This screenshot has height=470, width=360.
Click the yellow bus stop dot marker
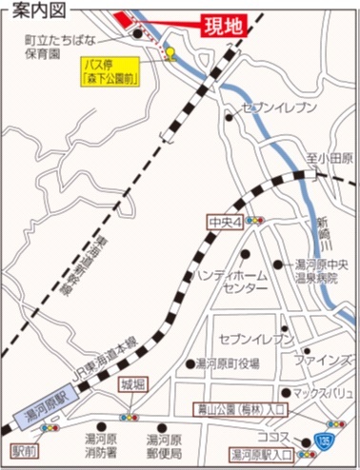(x=170, y=52)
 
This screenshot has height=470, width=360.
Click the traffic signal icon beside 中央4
(x=254, y=221)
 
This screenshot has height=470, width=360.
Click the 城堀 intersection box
(x=132, y=385)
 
